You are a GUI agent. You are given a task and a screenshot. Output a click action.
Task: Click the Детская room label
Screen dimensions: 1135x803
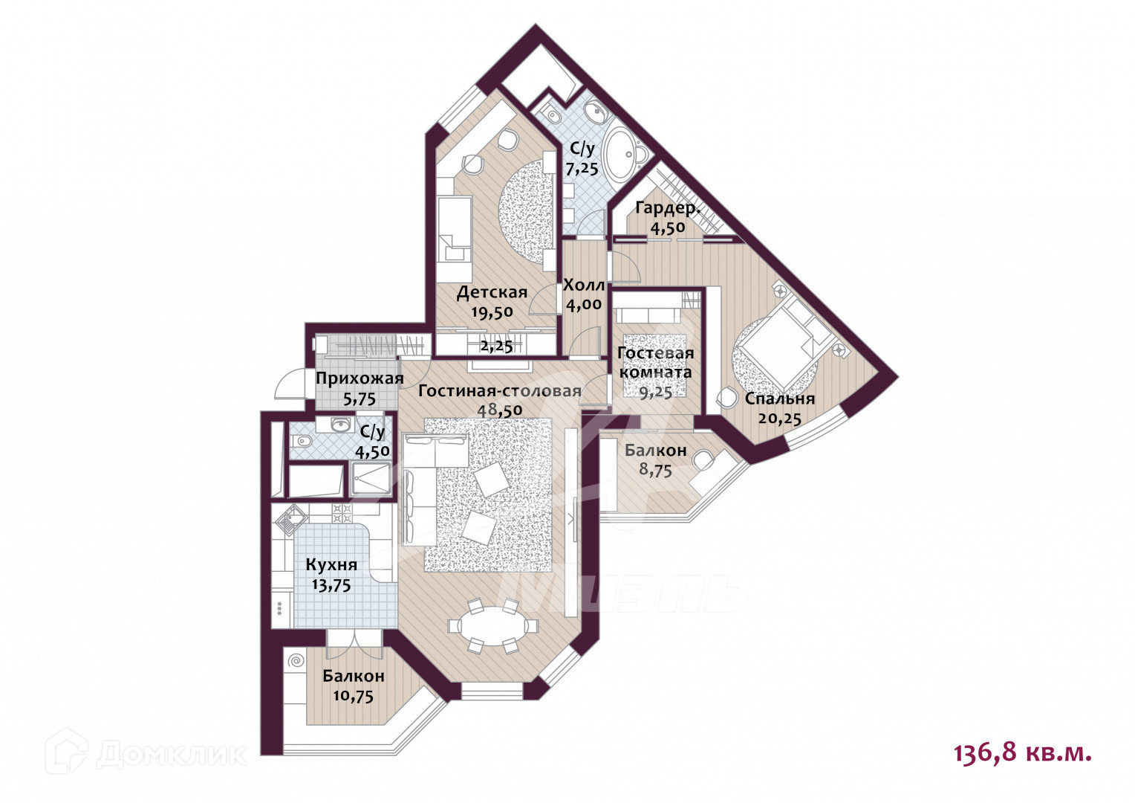point(492,292)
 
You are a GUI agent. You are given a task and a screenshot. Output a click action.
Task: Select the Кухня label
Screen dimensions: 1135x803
point(331,565)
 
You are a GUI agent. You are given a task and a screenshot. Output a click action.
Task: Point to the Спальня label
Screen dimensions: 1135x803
point(780,399)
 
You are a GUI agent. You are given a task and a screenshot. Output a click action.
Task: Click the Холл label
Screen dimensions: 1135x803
point(584,286)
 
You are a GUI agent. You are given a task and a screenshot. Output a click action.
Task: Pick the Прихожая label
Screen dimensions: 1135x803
point(360,378)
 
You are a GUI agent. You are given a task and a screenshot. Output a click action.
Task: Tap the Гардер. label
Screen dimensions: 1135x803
point(667,208)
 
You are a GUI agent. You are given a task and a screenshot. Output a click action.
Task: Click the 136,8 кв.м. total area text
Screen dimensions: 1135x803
point(1022,753)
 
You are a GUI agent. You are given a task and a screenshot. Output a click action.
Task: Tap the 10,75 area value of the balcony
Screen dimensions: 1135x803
point(354,697)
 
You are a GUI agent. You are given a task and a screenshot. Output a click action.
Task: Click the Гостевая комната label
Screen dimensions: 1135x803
point(656,362)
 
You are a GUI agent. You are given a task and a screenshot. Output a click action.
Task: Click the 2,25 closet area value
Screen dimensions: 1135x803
point(496,346)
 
